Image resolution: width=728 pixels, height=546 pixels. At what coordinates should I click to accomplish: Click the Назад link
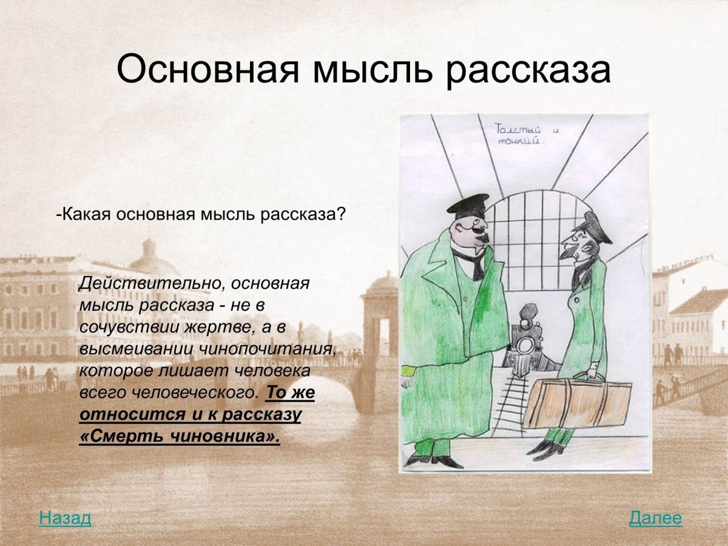65,519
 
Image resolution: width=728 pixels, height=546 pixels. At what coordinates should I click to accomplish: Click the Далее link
655,519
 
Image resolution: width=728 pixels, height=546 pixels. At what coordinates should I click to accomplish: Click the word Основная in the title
208,71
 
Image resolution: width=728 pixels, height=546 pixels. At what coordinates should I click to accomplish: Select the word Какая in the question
86,215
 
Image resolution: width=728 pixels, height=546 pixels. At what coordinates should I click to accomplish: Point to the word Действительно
150,283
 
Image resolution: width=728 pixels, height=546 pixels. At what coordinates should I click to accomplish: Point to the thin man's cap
598,228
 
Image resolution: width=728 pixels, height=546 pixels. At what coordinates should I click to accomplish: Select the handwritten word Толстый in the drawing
517,129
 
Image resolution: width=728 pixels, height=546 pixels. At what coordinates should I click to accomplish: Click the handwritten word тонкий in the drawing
520,142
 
